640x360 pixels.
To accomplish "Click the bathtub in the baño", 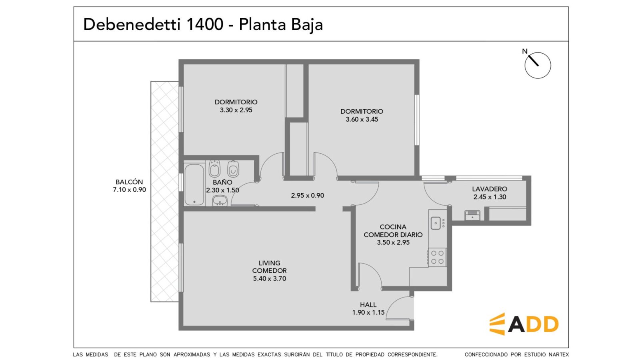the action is (194, 184).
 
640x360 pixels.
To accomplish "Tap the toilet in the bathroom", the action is (233, 169).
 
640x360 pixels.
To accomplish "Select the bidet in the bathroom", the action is (214, 168).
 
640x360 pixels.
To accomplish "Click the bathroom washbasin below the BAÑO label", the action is (220, 200).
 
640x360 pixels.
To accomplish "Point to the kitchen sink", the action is (436, 223).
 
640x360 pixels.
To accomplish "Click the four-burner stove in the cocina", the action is (438, 257).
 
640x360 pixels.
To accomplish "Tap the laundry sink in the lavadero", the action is (472, 216).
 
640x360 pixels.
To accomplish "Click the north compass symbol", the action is (537, 65).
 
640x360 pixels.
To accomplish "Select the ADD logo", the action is (524, 324).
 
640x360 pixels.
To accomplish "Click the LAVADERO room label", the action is (490, 189).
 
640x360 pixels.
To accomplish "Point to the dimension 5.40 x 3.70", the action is (270, 278).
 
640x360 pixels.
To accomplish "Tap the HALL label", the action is (368, 304).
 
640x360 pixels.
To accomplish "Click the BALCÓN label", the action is (129, 182).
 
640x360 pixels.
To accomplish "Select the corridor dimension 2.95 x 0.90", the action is (308, 196).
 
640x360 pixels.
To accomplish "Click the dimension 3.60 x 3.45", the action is (362, 120).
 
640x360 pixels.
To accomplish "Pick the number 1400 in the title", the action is (204, 24).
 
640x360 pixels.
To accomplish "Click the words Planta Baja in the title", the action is (281, 24).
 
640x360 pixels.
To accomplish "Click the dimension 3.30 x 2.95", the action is (236, 110).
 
